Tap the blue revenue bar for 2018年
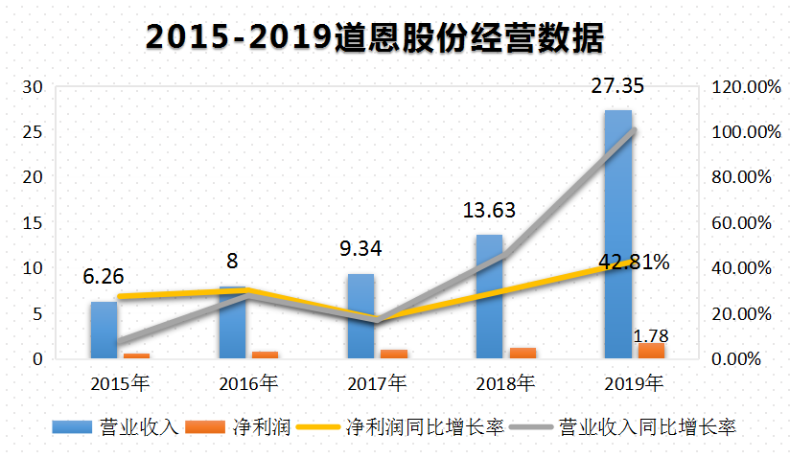[489, 297]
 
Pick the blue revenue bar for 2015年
[104, 331]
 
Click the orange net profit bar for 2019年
[651, 351]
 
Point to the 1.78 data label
[651, 335]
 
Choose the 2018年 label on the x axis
[505, 384]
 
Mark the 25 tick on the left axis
[35, 132]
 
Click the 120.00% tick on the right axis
[742, 87]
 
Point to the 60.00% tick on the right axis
[742, 223]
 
